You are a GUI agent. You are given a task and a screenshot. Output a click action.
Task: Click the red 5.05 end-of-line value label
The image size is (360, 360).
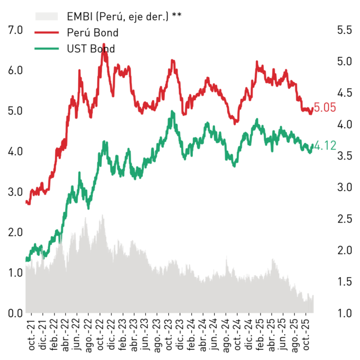[325, 107]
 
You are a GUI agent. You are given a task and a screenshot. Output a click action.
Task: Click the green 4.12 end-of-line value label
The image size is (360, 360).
[325, 146]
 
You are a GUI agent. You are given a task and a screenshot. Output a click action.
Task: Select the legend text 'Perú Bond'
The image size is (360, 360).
[92, 33]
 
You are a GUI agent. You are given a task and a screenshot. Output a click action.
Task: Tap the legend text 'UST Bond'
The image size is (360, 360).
[91, 49]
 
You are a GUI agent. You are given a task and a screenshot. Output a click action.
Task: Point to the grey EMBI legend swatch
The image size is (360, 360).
[47, 16]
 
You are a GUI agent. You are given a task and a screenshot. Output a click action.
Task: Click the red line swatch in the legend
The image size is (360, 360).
[47, 33]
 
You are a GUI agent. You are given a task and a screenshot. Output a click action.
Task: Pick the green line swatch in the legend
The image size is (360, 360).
[47, 49]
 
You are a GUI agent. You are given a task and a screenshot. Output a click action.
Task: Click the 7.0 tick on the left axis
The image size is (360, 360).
[15, 30]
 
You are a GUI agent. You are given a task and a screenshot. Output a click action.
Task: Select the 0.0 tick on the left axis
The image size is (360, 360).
[15, 313]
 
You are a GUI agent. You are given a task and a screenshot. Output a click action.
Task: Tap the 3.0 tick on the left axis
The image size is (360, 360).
[15, 192]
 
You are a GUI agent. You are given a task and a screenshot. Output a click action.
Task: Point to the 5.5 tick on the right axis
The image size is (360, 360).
[344, 30]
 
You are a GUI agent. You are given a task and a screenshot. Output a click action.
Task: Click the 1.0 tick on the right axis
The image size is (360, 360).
[344, 313]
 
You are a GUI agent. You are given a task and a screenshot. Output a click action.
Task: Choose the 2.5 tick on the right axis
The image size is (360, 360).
[344, 219]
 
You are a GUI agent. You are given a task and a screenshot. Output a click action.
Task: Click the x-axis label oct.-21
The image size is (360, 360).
[31, 335]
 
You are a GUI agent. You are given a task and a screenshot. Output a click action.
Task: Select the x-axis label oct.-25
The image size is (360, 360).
[306, 335]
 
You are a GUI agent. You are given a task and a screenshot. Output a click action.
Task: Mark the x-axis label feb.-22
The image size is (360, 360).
[55, 335]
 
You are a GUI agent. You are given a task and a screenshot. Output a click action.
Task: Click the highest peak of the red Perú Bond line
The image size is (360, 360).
[103, 44]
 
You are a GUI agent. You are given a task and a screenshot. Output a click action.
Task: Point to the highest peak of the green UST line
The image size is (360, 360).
[172, 111]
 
